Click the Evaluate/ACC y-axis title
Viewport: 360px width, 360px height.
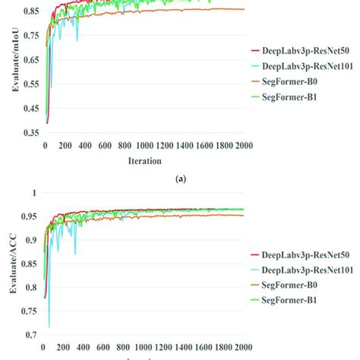14,262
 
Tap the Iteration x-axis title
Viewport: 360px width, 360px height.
144,161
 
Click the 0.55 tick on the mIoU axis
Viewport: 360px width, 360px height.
30,84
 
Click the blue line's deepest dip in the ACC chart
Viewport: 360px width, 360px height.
49,327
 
